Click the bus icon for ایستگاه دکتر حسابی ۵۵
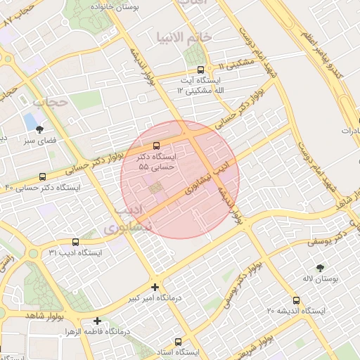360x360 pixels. point(155,146)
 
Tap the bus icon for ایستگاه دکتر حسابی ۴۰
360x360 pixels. point(43,176)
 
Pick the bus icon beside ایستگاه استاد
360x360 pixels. point(177,340)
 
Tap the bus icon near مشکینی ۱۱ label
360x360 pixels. point(202,70)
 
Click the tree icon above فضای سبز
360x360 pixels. point(39,129)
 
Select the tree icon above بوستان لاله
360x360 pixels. point(321,267)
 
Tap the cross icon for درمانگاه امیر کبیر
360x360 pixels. point(155,287)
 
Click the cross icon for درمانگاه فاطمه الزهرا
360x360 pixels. point(97,321)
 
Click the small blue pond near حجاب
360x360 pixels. point(31,121)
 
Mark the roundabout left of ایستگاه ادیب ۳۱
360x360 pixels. point(32,254)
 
